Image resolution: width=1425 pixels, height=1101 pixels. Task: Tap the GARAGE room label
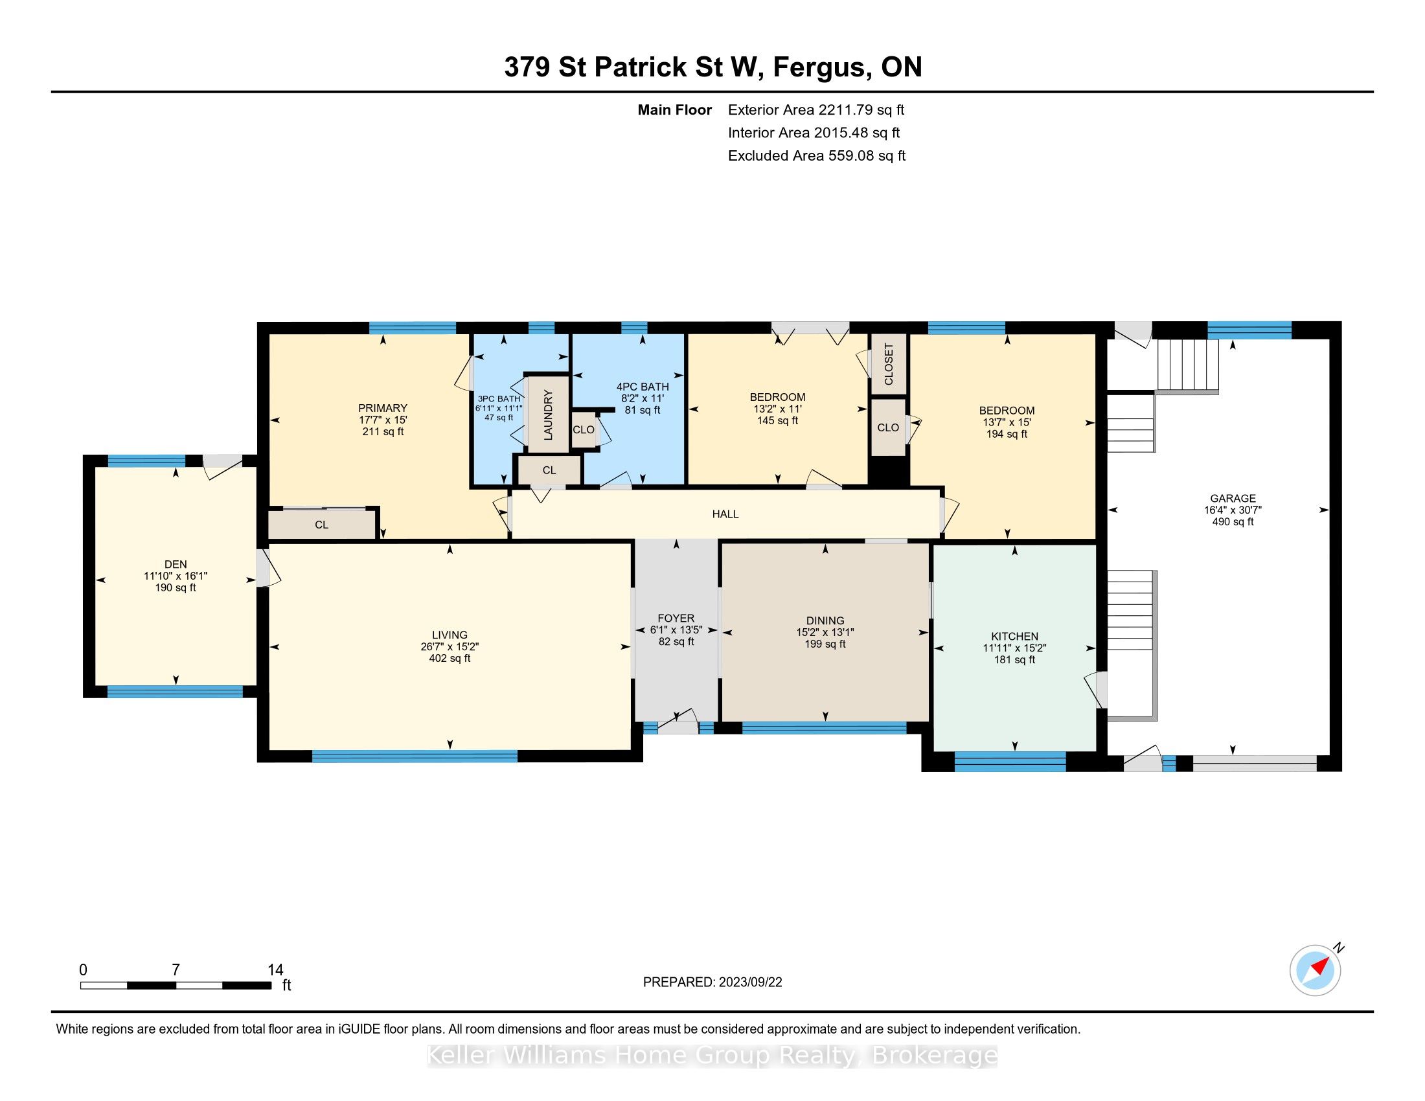click(x=1233, y=498)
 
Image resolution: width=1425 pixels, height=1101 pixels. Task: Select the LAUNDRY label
click(x=548, y=414)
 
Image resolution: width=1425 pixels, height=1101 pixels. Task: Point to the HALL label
click(x=725, y=514)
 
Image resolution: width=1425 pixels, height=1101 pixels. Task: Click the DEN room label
click(x=176, y=564)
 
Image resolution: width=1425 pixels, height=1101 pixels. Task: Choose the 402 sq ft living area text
click(x=450, y=658)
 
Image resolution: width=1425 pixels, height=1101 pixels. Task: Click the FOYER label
click(x=676, y=618)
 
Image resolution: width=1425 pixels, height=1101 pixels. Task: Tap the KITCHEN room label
click(x=1014, y=636)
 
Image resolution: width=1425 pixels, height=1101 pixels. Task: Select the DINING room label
click(x=825, y=620)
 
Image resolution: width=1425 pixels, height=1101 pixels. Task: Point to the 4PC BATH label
click(x=643, y=387)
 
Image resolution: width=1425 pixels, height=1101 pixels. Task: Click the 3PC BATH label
click(x=499, y=398)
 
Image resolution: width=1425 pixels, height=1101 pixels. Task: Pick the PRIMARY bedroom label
click(x=383, y=408)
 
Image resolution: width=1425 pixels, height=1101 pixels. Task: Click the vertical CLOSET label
click(x=889, y=364)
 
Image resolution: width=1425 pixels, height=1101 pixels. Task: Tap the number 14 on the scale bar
click(x=275, y=970)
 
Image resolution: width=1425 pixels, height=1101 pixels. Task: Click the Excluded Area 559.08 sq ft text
click(x=817, y=155)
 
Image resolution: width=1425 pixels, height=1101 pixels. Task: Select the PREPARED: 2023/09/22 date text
click(x=712, y=982)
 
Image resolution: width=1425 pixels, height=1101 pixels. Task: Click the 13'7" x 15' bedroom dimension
click(x=1007, y=422)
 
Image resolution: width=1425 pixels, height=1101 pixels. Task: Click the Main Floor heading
click(x=675, y=109)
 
